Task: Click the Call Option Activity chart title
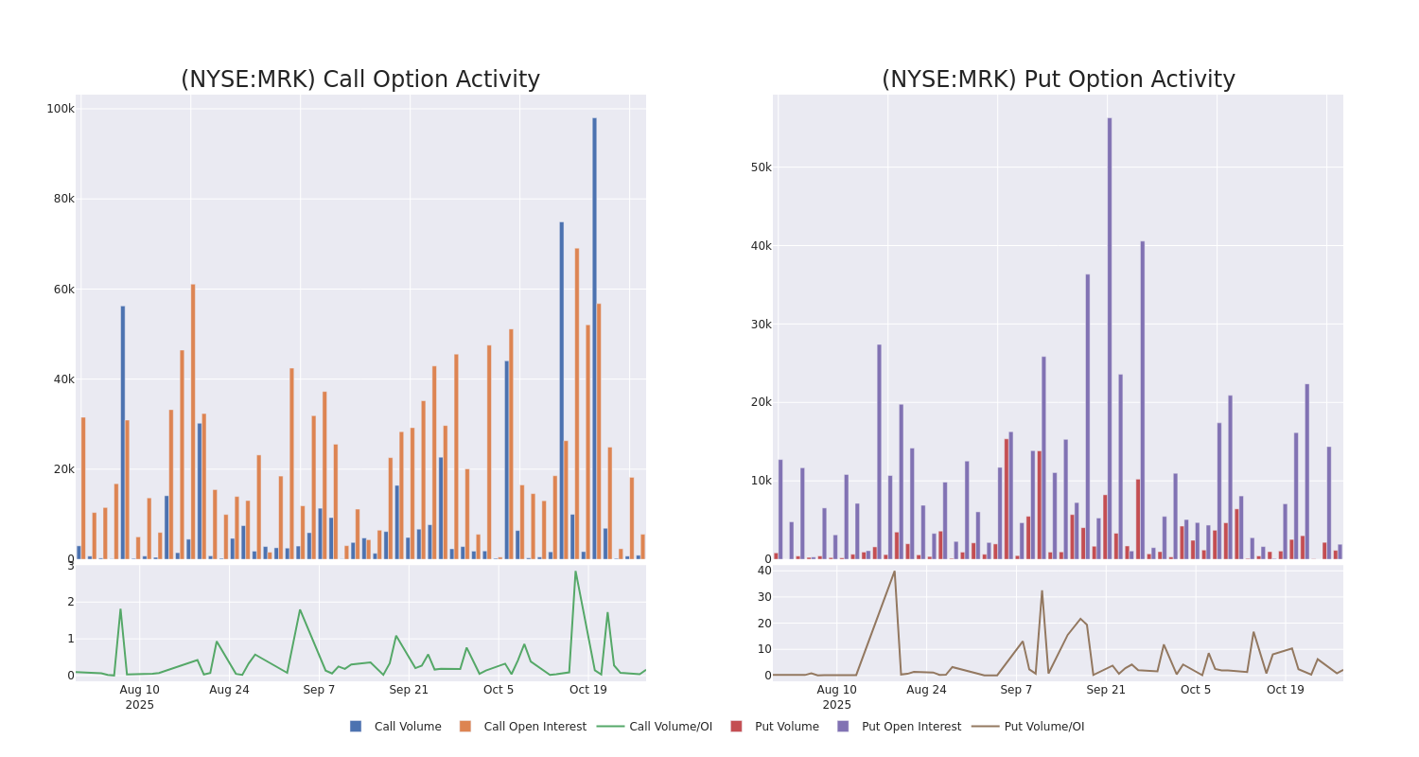click(x=360, y=79)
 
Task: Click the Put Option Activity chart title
click(x=1058, y=79)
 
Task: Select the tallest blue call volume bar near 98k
click(x=595, y=341)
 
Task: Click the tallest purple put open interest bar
click(x=1110, y=341)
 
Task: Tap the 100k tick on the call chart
click(x=61, y=109)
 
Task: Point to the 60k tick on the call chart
click(x=62, y=290)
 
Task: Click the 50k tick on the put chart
click(x=761, y=167)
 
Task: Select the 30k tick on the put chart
click(x=761, y=325)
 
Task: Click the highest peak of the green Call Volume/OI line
click(x=575, y=571)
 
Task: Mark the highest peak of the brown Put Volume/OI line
click(x=894, y=571)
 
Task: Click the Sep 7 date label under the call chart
click(x=319, y=690)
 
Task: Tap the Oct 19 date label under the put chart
click(x=1285, y=690)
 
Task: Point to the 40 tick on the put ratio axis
click(x=763, y=571)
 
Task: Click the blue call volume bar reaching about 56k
click(x=123, y=435)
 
